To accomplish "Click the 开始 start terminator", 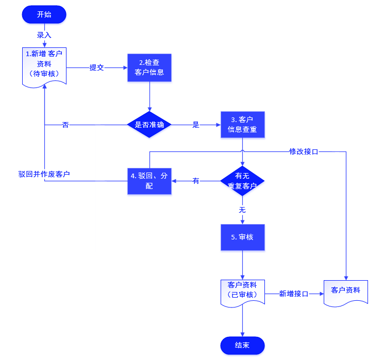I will click(44, 14).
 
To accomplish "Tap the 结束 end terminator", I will click(242, 345).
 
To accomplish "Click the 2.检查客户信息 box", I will click(149, 67).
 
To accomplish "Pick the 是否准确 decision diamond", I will click(149, 125).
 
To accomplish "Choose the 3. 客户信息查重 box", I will click(243, 125).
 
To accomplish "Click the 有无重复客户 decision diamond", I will click(242, 181).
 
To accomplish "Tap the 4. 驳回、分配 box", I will click(149, 180).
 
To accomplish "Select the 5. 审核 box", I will click(243, 237).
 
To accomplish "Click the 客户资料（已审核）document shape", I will click(242, 291).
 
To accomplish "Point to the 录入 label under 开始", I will click(44, 36).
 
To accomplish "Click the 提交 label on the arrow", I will click(97, 67).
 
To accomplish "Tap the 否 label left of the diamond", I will click(65, 125).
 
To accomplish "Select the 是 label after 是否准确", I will click(196, 125).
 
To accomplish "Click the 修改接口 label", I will click(304, 151).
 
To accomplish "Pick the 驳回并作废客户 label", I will click(44, 174).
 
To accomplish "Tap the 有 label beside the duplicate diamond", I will click(196, 181).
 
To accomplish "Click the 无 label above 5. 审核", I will click(242, 210).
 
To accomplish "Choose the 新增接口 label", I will click(293, 294).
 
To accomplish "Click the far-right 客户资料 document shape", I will click(346, 292).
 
